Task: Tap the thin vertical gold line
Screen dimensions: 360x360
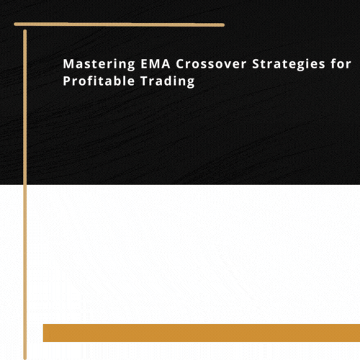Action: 25,194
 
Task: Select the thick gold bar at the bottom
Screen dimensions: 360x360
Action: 202,333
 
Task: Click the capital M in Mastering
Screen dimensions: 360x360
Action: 68,64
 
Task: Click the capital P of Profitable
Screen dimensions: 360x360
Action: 67,81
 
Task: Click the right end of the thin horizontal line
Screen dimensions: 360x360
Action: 222,24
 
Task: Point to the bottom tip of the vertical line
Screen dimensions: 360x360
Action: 25,356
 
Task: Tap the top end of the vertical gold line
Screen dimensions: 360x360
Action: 25,32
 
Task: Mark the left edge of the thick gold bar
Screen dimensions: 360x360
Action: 45,333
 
